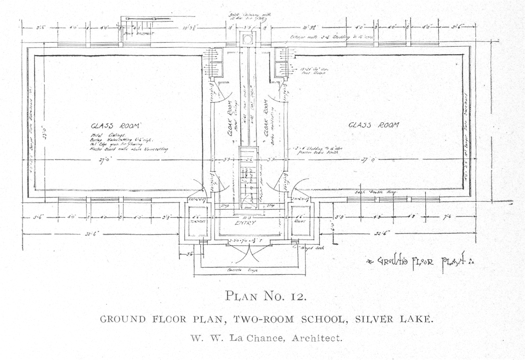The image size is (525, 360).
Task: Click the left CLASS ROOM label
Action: (x=116, y=126)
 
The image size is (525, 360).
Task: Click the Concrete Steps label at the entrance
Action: (x=242, y=270)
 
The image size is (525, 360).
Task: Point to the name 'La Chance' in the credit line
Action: (x=254, y=338)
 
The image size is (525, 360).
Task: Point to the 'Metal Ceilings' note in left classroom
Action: (x=102, y=135)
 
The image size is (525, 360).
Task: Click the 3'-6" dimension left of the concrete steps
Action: (x=189, y=254)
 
